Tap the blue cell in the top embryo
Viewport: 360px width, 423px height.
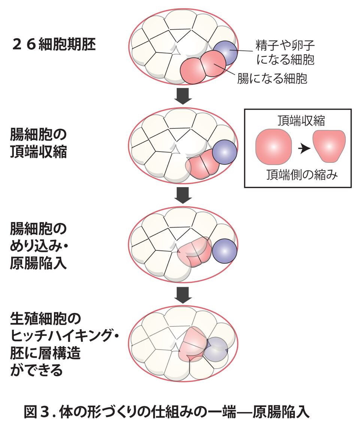225,53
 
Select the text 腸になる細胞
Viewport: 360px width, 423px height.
272,79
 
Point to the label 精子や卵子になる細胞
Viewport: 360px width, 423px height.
284,52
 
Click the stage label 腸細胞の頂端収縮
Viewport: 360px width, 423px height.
39,143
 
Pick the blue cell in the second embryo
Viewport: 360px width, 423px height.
224,152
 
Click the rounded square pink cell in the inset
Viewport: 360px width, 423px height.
273,147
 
